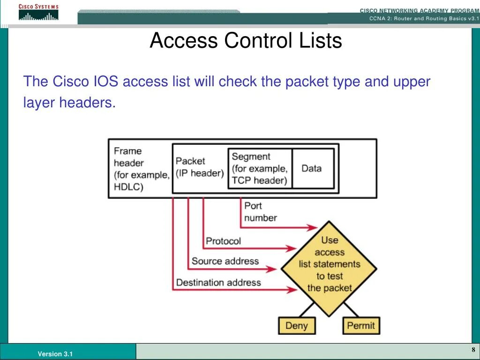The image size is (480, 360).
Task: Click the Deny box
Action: pyautogui.click(x=296, y=325)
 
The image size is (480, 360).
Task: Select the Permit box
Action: pyautogui.click(x=361, y=325)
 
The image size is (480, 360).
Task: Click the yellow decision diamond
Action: pyautogui.click(x=329, y=267)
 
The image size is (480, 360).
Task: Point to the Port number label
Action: pyautogui.click(x=260, y=212)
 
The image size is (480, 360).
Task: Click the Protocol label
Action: pyautogui.click(x=223, y=241)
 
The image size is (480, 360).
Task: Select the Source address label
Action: pyautogui.click(x=225, y=261)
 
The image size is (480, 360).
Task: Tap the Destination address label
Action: pyautogui.click(x=218, y=282)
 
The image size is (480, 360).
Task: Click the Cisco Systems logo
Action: pyautogui.click(x=38, y=13)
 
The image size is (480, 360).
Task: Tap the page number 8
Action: pyautogui.click(x=473, y=350)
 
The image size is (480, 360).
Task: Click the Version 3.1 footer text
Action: pyautogui.click(x=55, y=354)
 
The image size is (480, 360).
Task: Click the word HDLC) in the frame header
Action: pyautogui.click(x=128, y=187)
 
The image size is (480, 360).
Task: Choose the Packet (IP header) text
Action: pyautogui.click(x=200, y=167)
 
